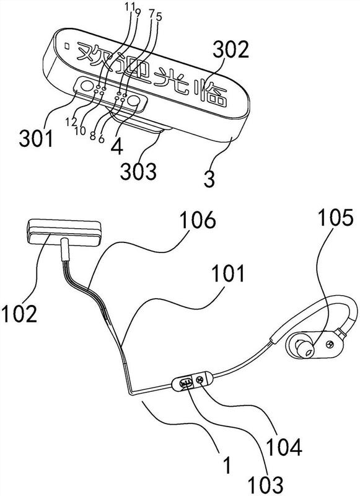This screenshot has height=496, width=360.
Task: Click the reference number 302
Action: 230,50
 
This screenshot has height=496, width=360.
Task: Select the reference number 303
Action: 138,171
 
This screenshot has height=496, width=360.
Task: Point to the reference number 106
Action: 198,220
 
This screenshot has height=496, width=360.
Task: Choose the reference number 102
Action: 19,313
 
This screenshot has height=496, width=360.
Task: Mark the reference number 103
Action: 265,485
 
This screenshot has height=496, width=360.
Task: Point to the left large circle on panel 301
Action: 87,86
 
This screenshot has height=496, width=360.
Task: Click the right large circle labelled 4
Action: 134,101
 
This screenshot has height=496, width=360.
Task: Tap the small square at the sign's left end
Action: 67,45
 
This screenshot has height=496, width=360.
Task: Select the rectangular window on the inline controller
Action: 186,383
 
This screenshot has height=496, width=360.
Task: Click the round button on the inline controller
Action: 200,381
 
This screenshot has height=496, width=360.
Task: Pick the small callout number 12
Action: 71,121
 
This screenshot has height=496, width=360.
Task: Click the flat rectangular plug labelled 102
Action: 64,232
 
